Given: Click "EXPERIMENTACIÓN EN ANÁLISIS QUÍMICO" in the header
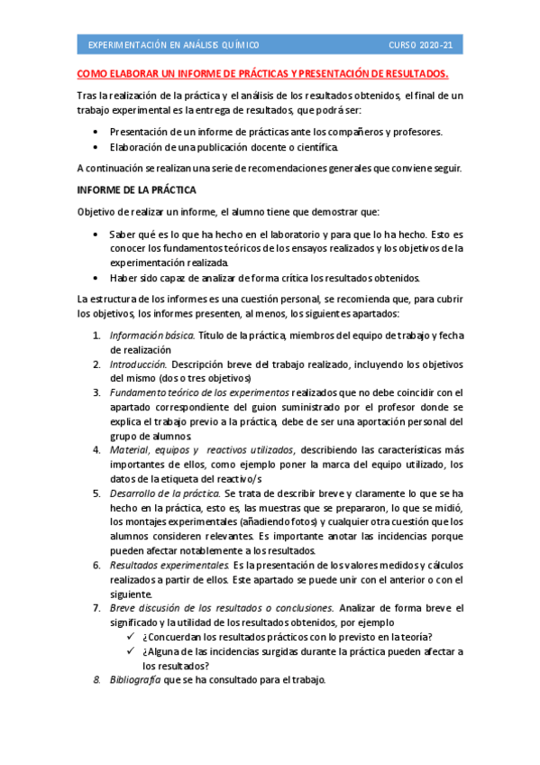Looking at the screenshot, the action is [x=173, y=44].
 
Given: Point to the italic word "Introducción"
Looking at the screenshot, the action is [x=138, y=364].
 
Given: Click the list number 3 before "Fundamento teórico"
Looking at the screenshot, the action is [x=97, y=393].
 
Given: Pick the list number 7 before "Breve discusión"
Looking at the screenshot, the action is [x=97, y=608].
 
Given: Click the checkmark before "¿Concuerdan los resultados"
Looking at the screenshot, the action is [x=133, y=637].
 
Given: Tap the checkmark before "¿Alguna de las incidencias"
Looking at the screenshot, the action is [x=133, y=651].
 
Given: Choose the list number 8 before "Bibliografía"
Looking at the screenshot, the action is [x=97, y=679].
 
